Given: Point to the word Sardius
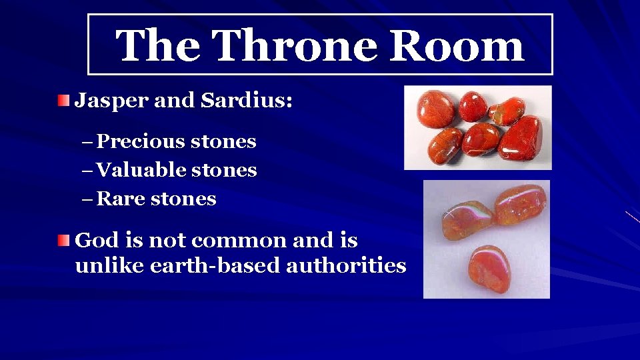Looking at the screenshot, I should (x=256, y=101).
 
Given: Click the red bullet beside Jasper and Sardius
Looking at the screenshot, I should (x=62, y=101).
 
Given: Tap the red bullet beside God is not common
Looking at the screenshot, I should (x=62, y=241).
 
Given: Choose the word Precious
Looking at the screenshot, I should (x=141, y=141).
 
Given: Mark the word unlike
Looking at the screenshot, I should (x=110, y=265).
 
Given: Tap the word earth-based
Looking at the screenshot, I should (x=216, y=265).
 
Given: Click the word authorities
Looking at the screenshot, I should (x=346, y=265).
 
